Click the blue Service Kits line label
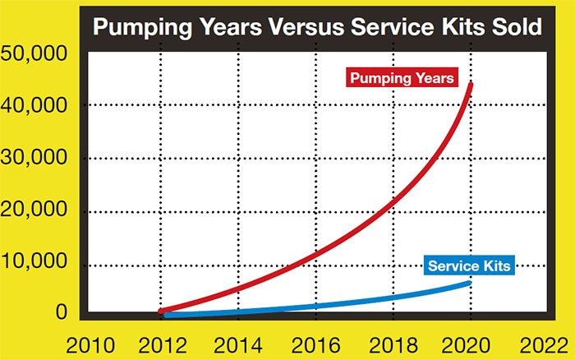click(x=469, y=266)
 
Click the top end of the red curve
click(x=471, y=84)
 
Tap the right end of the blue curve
click(x=469, y=283)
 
